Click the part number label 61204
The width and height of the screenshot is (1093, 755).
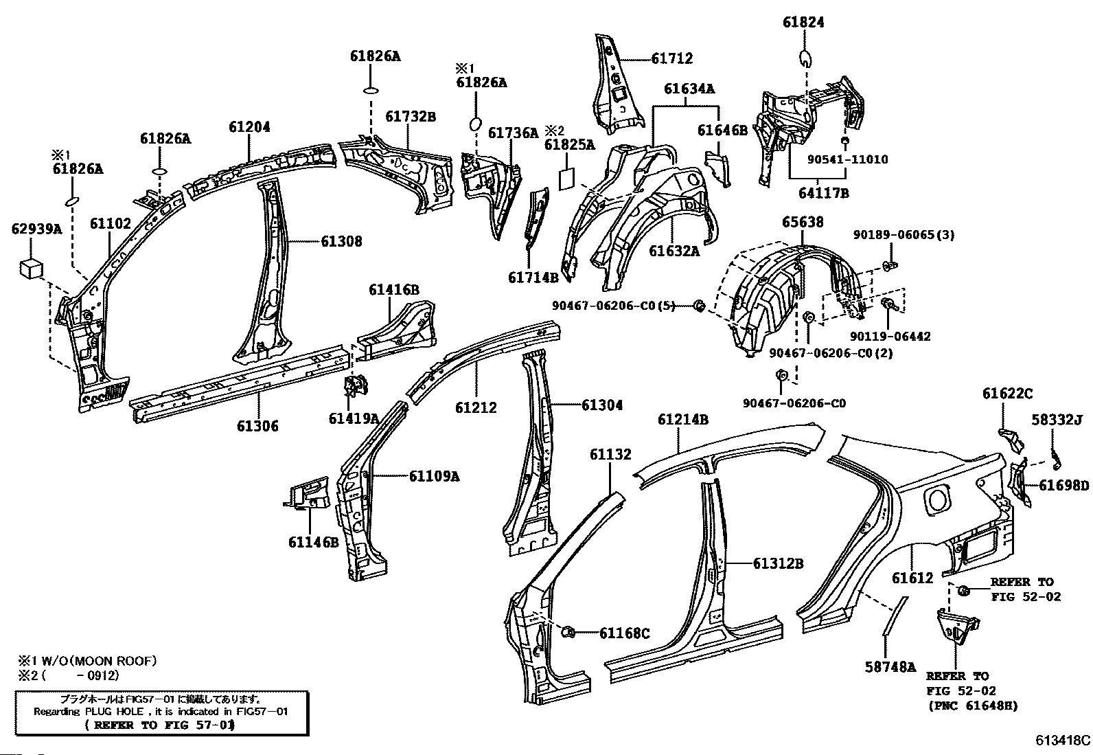[x=249, y=127]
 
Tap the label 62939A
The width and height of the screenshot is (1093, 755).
[x=36, y=229]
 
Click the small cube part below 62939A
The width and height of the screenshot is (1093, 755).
[x=31, y=269]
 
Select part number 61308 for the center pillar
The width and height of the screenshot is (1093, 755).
[x=342, y=241]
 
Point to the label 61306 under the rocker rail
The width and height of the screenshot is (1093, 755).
[x=257, y=426]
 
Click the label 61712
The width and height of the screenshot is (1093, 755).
[x=672, y=58]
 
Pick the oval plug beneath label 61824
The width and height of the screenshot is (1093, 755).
[x=805, y=58]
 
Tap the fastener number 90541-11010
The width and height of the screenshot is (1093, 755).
[x=848, y=159]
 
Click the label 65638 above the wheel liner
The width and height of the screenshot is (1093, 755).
[x=803, y=222]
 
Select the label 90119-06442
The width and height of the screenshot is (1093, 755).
[x=890, y=336]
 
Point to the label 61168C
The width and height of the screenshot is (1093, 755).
[x=625, y=633]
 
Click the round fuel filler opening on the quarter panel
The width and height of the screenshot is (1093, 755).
[x=937, y=501]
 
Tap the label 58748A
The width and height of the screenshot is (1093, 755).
[x=890, y=666]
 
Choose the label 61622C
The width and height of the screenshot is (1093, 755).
[x=1008, y=393]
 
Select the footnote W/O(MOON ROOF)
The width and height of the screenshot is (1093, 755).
[x=94, y=661]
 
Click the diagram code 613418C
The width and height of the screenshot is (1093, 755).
[x=1063, y=741]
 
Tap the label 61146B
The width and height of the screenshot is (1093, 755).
[x=313, y=542]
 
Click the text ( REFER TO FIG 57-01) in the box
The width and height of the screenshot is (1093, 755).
[x=159, y=725]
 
